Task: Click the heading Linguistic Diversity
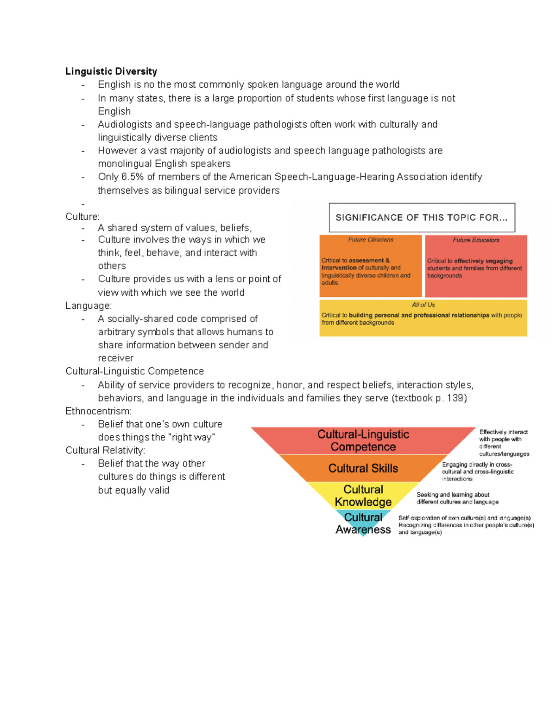[x=111, y=71]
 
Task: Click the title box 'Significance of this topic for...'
[x=422, y=217]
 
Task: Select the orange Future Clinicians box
[x=370, y=266]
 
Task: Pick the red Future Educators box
[x=476, y=266]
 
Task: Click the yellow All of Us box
[x=423, y=318]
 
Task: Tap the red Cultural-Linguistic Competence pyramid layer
[x=363, y=440]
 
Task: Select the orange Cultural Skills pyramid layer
[x=363, y=468]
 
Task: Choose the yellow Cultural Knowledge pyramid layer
[x=363, y=496]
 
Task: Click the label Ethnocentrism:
[x=98, y=411]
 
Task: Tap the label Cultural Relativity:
[x=105, y=451]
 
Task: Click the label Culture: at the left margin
[x=82, y=217]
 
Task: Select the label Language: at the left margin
[x=88, y=306]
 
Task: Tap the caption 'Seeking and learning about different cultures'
[x=457, y=498]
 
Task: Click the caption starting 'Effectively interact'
[x=504, y=443]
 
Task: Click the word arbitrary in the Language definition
[x=118, y=332]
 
